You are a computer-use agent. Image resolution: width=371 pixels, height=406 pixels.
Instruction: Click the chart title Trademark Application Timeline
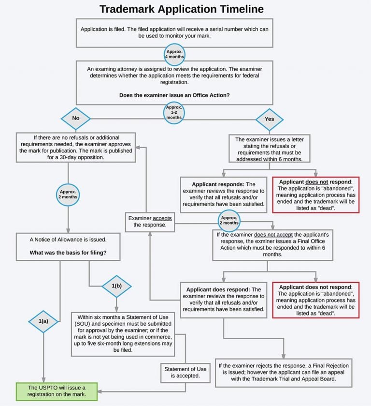[182, 9]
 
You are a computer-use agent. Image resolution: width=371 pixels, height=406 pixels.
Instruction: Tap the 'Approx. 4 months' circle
[174, 54]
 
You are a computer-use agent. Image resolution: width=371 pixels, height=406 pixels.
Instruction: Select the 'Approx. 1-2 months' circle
[174, 113]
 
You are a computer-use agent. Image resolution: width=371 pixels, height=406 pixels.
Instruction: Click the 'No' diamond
[76, 119]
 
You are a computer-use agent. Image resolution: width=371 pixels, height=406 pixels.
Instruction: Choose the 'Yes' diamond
[270, 120]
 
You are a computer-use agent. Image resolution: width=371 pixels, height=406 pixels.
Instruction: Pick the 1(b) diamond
[116, 286]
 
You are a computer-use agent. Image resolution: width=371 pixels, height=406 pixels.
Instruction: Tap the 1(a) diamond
[43, 321]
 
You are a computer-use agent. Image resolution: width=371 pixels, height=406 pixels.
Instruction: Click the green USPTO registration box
[57, 391]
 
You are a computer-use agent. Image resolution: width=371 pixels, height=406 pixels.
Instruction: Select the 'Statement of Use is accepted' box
[185, 373]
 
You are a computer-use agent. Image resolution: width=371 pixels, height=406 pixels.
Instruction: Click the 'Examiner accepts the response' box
[150, 222]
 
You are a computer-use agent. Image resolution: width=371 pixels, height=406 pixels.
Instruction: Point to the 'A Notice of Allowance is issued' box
[68, 246]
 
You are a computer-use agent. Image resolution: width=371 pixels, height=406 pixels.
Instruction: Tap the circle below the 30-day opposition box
[68, 195]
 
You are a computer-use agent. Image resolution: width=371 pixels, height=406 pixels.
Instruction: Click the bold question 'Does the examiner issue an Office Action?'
[174, 95]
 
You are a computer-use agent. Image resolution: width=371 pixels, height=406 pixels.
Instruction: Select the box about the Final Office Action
[272, 245]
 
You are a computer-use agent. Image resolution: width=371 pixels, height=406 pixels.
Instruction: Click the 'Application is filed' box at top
[174, 33]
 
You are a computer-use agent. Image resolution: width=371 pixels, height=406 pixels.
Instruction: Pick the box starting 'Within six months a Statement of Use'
[123, 334]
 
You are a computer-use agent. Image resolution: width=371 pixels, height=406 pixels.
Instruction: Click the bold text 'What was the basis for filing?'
[68, 253]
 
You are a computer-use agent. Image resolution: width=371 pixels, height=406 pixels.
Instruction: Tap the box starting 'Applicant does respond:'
[224, 300]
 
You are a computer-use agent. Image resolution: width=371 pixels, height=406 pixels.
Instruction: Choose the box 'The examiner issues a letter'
[270, 149]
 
